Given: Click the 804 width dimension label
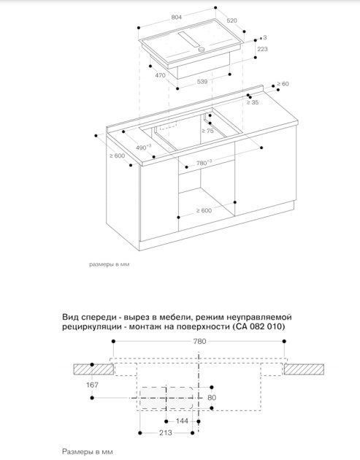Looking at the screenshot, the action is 176,18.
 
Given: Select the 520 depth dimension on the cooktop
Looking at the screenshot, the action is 231,20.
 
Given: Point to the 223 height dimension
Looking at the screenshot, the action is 262,49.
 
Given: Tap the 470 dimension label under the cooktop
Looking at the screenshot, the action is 160,75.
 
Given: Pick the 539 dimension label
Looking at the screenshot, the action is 202,82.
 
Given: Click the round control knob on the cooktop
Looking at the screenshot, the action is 202,50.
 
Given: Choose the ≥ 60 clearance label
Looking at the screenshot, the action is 283,84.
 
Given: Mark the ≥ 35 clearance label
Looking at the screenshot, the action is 253,102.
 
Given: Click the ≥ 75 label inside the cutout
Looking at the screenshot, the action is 207,131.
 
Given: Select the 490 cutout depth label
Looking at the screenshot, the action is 143,147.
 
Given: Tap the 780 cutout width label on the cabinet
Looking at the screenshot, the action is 204,162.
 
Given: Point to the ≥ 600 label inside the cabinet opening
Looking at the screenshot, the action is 204,210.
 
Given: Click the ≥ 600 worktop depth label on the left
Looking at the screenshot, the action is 118,156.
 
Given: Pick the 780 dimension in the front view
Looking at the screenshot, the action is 199,341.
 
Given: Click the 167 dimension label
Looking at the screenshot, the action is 92,385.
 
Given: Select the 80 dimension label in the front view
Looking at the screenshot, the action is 212,397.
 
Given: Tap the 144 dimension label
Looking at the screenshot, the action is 182,421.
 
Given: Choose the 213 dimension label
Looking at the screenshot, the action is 166,433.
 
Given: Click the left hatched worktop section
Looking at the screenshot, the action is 93,369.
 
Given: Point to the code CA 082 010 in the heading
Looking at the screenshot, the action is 258,326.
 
